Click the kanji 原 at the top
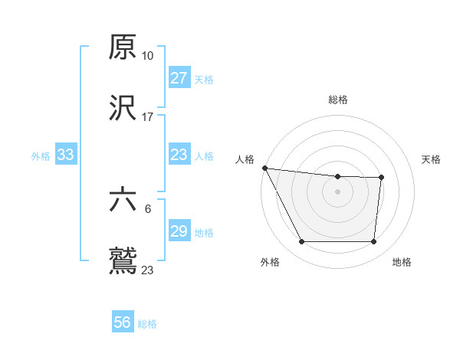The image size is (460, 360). pos(123,47)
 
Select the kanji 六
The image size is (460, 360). pos(123,200)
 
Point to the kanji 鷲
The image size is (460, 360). pos(123,260)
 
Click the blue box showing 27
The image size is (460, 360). pos(179,77)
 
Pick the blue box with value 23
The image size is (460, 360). pos(179,155)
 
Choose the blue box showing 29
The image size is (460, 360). pos(179,231)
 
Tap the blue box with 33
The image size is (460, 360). pos(66,155)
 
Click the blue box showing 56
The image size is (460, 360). pos(123,322)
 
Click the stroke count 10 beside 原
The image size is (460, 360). pos(148,56)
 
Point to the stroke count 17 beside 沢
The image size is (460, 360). pos(148,116)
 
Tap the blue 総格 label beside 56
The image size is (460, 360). pos(147,324)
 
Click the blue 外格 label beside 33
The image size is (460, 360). pos(41,155)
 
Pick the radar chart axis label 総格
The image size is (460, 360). pos(338,100)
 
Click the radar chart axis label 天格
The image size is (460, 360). pos(431,159)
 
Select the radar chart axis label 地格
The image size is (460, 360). pos(402,262)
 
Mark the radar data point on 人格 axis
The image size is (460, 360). pos(264,168)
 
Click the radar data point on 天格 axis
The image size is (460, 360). pos(381,178)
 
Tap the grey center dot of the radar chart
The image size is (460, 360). pos(338,191)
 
